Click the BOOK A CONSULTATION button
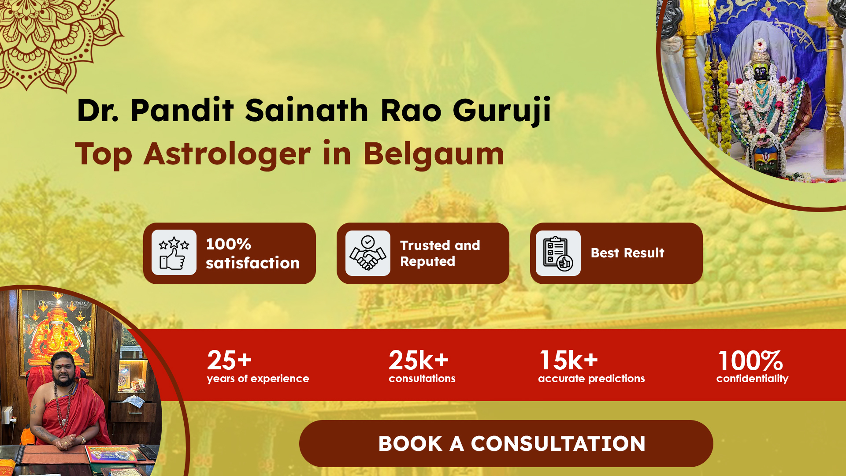pyautogui.click(x=506, y=443)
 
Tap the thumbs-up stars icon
pyautogui.click(x=174, y=253)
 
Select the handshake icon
pyautogui.click(x=368, y=253)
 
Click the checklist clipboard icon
pyautogui.click(x=558, y=253)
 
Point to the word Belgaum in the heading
pyautogui.click(x=434, y=154)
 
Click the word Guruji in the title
pyautogui.click(x=502, y=110)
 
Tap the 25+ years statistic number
pyautogui.click(x=229, y=360)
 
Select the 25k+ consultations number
pyautogui.click(x=419, y=360)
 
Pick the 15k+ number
pyautogui.click(x=569, y=360)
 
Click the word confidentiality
pyautogui.click(x=752, y=379)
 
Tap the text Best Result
pyautogui.click(x=627, y=253)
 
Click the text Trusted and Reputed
pyautogui.click(x=440, y=253)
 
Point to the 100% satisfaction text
pyautogui.click(x=252, y=253)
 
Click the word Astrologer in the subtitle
pyautogui.click(x=227, y=154)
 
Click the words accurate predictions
pyautogui.click(x=591, y=379)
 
